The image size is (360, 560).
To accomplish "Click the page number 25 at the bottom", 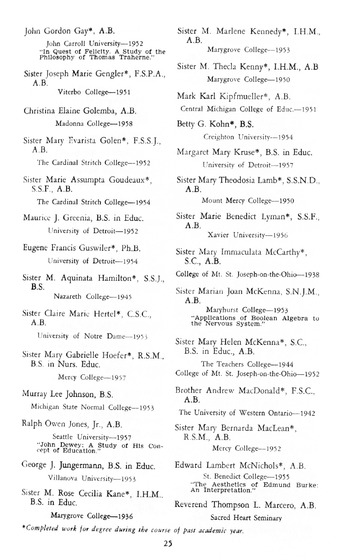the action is [x=179, y=541].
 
